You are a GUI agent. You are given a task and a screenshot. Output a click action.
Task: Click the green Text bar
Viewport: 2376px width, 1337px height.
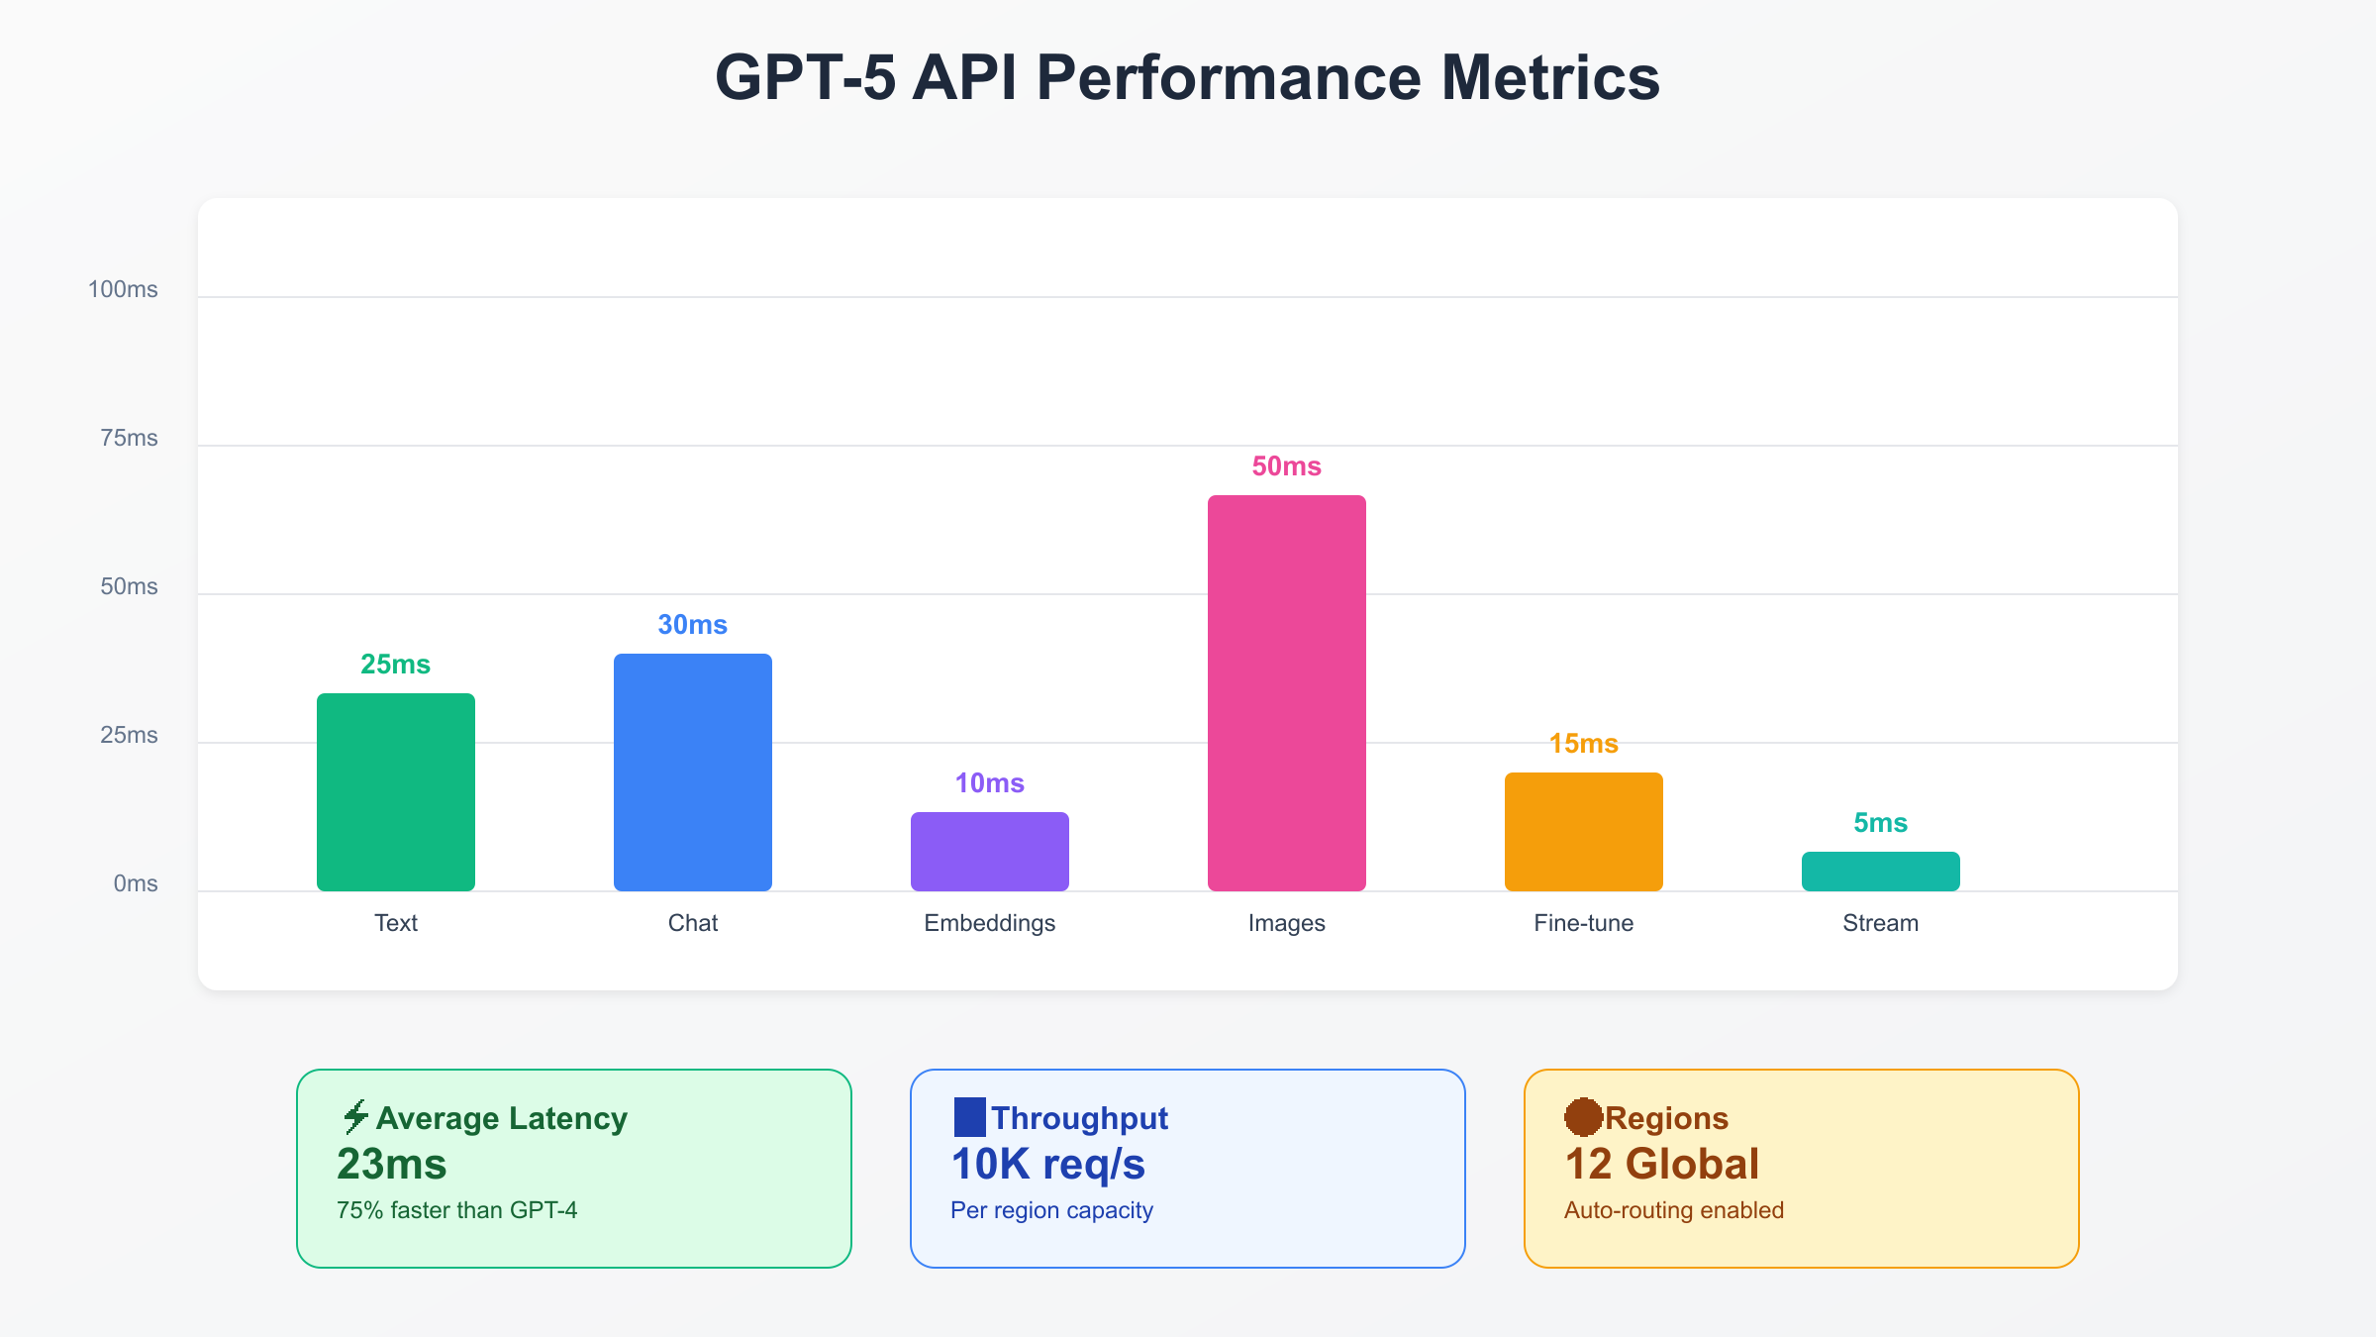396,792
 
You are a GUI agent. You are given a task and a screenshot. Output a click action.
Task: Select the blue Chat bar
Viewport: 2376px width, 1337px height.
693,772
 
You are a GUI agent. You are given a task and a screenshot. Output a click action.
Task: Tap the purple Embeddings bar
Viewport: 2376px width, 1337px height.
990,852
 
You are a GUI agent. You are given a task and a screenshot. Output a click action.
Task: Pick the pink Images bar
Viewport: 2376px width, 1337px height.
1287,693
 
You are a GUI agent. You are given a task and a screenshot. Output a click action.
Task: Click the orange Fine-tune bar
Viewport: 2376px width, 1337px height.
1584,832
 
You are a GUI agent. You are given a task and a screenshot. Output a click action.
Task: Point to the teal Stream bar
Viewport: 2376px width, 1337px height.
1881,872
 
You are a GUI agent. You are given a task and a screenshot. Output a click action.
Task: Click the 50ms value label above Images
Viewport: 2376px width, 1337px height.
1286,466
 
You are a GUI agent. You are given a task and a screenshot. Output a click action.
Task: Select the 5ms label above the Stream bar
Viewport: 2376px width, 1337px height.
1880,823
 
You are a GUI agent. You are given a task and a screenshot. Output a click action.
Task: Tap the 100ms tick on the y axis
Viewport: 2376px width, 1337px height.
123,289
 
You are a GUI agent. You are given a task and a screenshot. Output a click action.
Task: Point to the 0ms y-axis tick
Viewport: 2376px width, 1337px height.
136,883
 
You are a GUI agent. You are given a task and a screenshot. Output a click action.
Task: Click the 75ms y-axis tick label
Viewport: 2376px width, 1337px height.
129,438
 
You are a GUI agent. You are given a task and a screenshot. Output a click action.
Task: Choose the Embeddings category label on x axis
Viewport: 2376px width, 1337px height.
990,923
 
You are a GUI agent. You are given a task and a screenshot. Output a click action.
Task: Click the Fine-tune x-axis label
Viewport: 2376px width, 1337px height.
1584,923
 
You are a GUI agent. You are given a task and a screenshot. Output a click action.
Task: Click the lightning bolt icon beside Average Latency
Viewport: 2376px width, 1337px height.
354,1117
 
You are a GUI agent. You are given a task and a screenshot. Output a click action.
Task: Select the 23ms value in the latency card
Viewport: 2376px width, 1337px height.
392,1164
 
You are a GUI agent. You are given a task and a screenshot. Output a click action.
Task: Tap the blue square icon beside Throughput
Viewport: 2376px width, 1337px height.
969,1117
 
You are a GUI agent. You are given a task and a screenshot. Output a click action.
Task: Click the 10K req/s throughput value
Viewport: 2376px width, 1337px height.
1047,1164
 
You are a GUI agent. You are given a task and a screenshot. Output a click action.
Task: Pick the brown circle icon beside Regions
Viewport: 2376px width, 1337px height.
1583,1117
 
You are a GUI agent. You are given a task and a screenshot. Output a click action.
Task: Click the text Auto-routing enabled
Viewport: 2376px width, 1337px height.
1673,1210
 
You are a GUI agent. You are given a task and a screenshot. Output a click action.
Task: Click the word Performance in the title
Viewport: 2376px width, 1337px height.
1228,77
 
